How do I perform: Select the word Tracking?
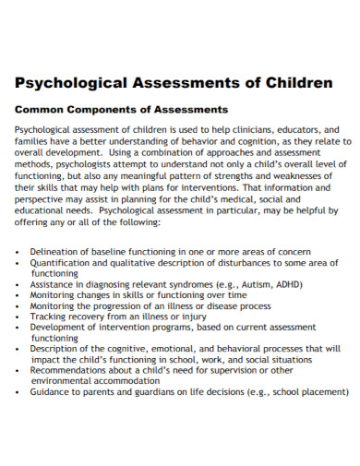point(51,317)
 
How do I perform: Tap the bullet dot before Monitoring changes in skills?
point(19,295)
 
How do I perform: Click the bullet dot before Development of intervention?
point(19,328)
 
